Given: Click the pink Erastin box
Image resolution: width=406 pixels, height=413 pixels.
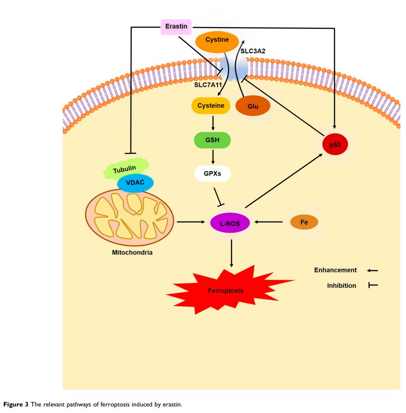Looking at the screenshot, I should click(176, 27).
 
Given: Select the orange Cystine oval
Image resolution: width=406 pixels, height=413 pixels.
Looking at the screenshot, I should click(217, 40).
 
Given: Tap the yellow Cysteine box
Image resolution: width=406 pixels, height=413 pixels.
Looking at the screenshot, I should click(210, 106).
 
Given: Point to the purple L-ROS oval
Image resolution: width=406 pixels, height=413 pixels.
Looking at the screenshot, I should click(230, 223).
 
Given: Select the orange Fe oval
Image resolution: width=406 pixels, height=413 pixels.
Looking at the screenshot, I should click(304, 222).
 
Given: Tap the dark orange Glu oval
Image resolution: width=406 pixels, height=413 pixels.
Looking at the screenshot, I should click(253, 107).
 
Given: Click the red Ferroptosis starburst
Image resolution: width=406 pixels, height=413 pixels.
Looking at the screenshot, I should click(226, 290).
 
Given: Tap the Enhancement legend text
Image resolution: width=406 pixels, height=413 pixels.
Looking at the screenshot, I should click(335, 270).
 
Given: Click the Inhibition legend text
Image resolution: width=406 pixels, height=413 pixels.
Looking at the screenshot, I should click(341, 285).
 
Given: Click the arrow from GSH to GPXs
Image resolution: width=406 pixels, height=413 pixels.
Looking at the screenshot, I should click(213, 157).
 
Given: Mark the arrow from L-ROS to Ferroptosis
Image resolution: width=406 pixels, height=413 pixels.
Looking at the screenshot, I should click(232, 253).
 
